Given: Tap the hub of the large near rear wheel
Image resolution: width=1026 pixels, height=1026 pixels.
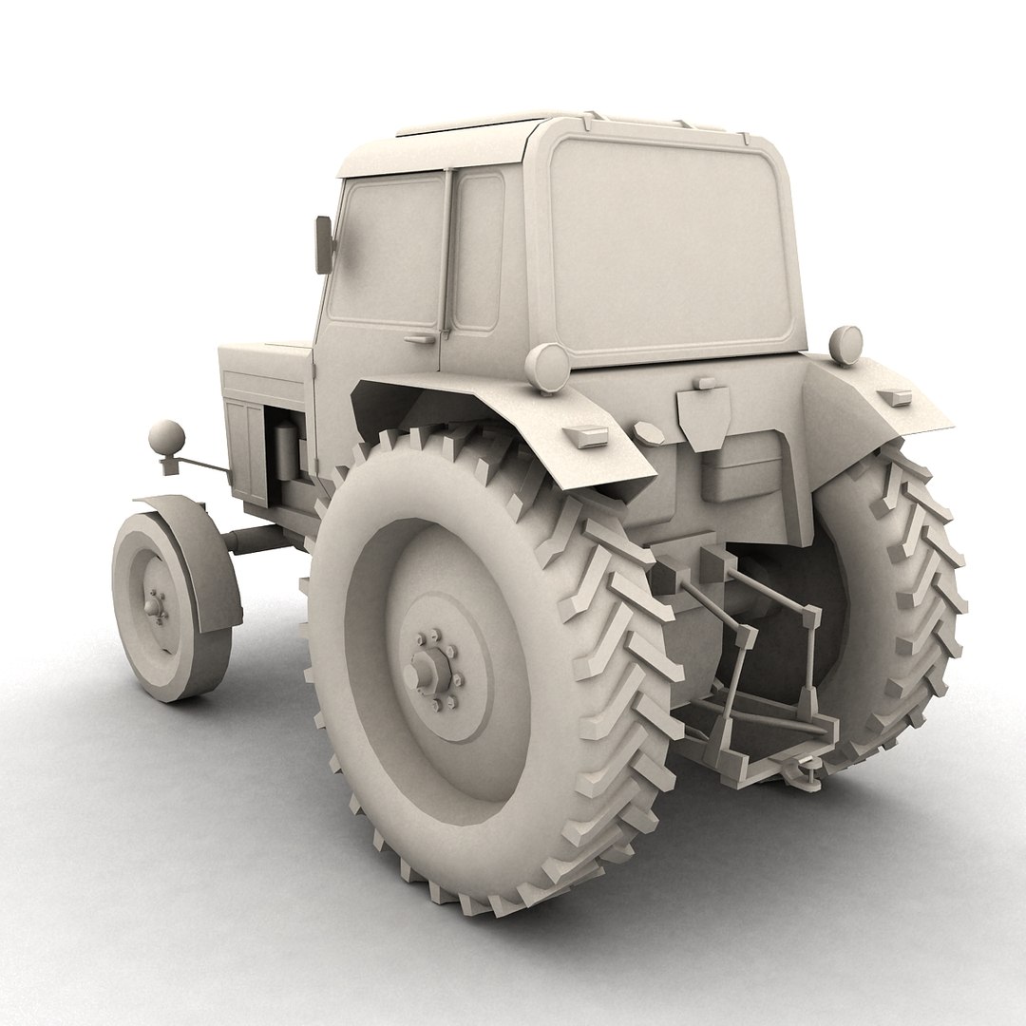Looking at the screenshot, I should point(425,670).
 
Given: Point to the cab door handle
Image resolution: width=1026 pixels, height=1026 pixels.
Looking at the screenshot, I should point(418,337).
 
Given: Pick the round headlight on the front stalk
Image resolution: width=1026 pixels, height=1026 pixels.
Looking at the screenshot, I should point(167,438).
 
